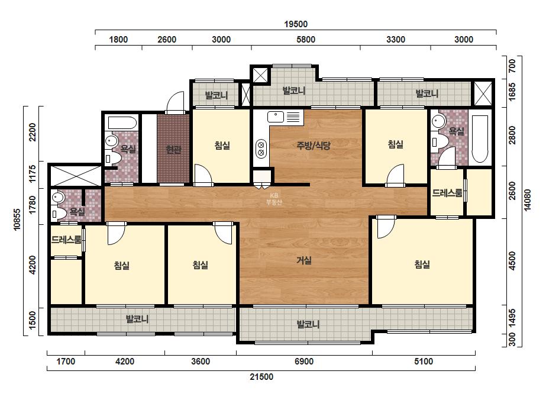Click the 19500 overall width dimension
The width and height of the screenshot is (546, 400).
(296, 24)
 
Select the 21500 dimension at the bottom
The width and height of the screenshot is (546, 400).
(261, 377)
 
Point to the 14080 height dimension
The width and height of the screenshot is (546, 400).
(528, 199)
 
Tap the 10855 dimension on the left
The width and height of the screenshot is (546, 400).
(17, 219)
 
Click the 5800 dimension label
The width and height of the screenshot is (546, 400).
(306, 40)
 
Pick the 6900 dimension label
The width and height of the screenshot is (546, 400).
(304, 362)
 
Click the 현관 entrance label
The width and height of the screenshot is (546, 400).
(173, 150)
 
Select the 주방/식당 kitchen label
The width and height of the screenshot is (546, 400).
(314, 146)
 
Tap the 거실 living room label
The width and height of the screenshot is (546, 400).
(304, 260)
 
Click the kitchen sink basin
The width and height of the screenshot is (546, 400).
(276, 117)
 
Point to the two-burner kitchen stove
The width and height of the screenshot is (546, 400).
(261, 149)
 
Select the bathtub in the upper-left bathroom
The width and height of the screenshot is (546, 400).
(122, 122)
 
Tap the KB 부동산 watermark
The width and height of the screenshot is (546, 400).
(274, 199)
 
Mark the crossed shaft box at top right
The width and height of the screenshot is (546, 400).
(483, 93)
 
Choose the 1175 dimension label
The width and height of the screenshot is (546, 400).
(33, 174)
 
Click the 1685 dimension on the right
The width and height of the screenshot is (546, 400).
(512, 92)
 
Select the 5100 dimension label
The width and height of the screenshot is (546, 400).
(424, 362)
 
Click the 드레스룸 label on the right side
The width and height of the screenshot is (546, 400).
(447, 193)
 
